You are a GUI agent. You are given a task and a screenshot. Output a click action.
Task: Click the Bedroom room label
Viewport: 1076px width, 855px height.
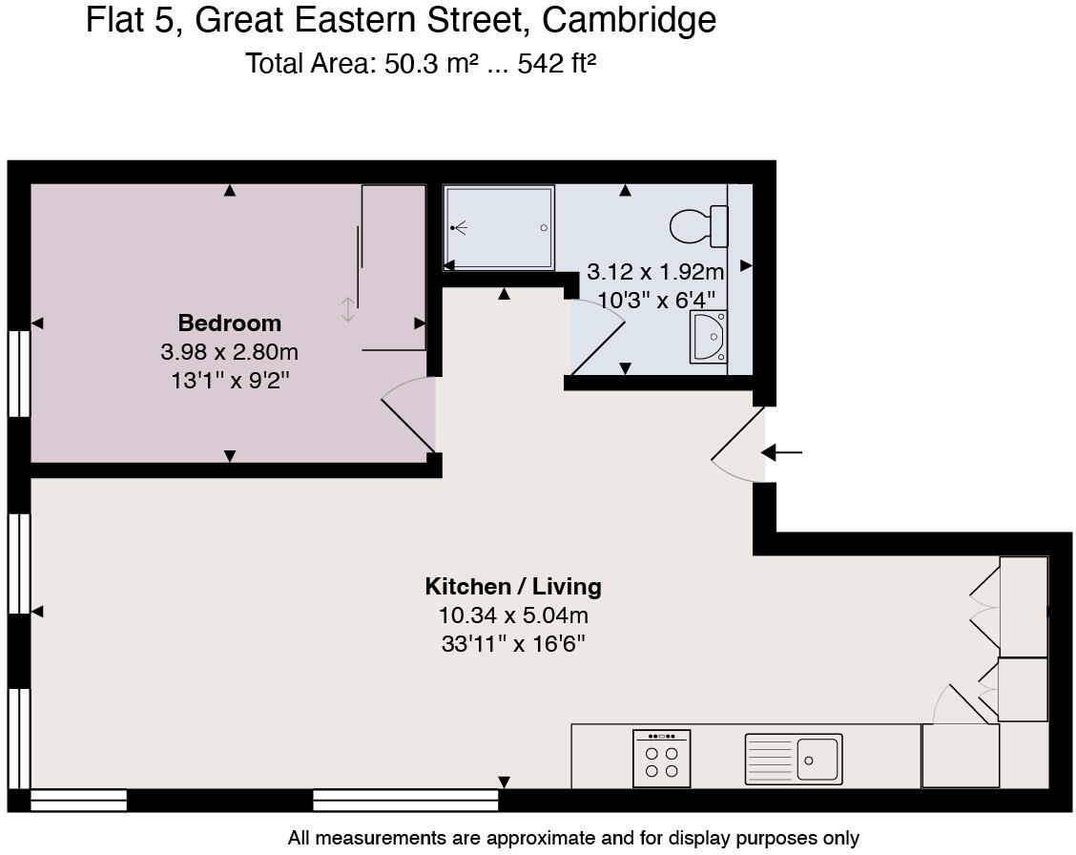pyautogui.click(x=229, y=323)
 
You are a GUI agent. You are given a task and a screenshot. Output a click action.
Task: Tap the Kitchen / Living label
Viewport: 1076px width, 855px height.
pyautogui.click(x=513, y=586)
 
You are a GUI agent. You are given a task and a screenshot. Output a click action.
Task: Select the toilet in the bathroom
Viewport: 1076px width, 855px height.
pyautogui.click(x=698, y=227)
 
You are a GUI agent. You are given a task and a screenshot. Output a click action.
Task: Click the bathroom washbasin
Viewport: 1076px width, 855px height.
pyautogui.click(x=708, y=337)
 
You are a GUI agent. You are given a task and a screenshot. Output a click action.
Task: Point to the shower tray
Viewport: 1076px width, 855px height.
pyautogui.click(x=499, y=227)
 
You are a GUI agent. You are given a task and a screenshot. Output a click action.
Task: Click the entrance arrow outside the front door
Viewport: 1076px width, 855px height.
pyautogui.click(x=784, y=452)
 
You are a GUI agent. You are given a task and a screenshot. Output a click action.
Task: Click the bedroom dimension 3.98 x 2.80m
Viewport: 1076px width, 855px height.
pyautogui.click(x=229, y=352)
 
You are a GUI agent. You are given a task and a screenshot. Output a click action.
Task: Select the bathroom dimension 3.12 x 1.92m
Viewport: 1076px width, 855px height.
pyautogui.click(x=654, y=272)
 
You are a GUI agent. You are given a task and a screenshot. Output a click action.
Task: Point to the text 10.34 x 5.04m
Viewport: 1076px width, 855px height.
pyautogui.click(x=513, y=615)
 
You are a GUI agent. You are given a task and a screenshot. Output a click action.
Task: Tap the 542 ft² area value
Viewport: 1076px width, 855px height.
pyautogui.click(x=556, y=64)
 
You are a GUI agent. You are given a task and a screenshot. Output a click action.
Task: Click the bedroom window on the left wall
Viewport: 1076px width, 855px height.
pyautogui.click(x=19, y=373)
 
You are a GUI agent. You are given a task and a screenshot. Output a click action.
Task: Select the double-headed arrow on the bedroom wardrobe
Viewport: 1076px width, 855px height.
pyautogui.click(x=348, y=309)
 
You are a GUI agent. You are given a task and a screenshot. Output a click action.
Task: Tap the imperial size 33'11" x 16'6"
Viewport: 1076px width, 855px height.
pyautogui.click(x=513, y=644)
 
